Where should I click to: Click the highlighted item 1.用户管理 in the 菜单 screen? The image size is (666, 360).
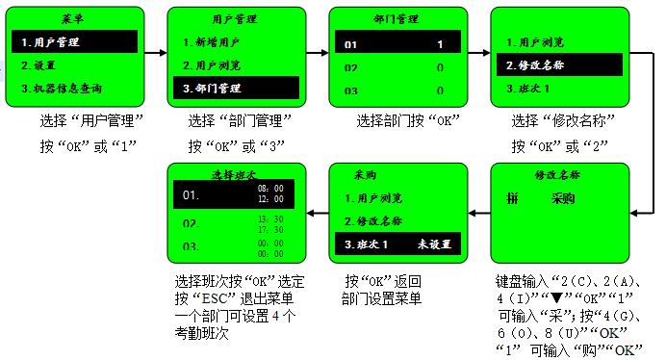(x=50, y=42)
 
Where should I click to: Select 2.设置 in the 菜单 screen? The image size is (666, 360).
(x=38, y=64)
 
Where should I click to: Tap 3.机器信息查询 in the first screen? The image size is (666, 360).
(x=61, y=89)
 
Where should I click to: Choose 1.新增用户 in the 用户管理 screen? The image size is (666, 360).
(x=213, y=42)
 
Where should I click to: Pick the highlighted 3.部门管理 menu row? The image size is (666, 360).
(x=213, y=89)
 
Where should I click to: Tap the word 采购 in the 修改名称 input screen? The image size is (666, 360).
(x=563, y=199)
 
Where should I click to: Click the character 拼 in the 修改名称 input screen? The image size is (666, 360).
(x=512, y=199)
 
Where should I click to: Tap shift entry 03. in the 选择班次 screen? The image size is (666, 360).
(x=193, y=247)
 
